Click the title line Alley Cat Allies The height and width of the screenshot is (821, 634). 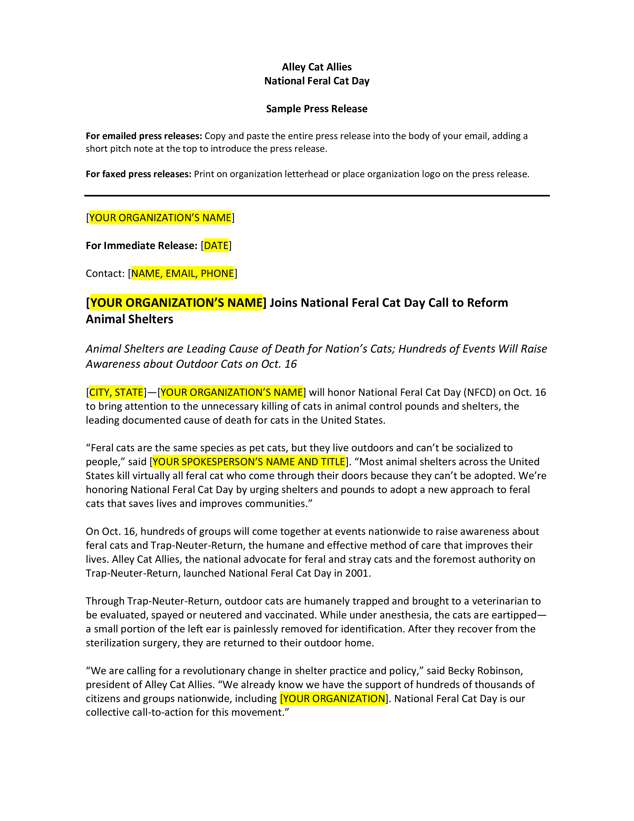[317, 67]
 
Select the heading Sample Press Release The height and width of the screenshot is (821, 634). [317, 109]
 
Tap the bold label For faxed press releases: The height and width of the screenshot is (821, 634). [138, 174]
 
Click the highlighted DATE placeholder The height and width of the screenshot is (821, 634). [216, 246]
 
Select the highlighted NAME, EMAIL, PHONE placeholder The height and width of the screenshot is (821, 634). [182, 273]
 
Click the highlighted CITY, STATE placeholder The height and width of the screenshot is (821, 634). [116, 392]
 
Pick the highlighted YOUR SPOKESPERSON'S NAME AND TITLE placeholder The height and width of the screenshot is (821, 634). [249, 462]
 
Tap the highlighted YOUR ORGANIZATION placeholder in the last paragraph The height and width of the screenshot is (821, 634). [333, 698]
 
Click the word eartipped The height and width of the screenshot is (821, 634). [512, 615]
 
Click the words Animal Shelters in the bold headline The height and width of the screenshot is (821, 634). [130, 319]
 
